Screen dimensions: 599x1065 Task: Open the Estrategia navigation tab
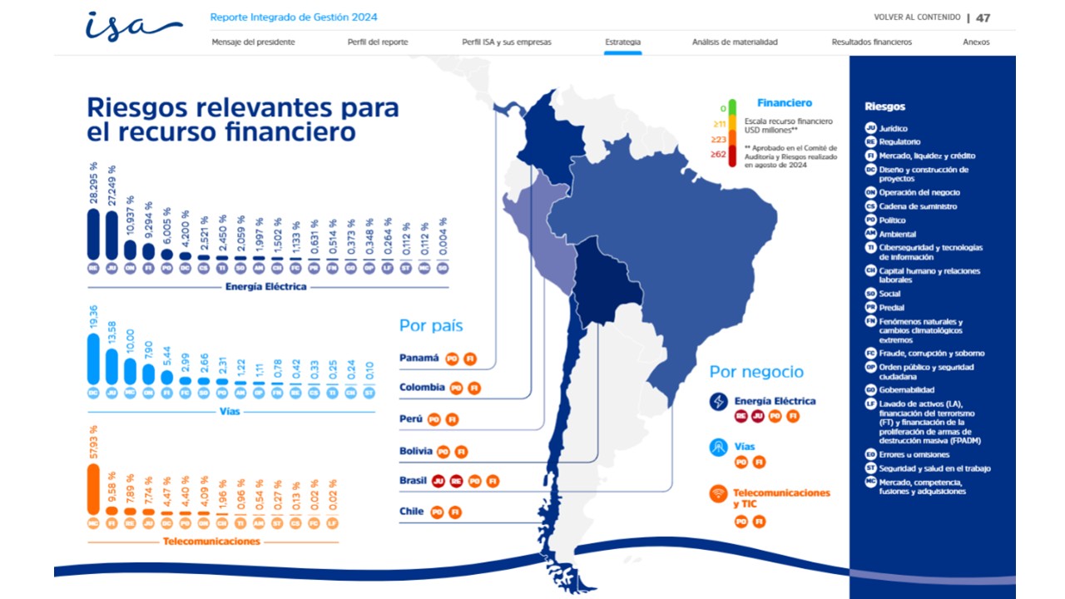click(622, 42)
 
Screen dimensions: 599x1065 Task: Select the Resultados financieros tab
click(871, 42)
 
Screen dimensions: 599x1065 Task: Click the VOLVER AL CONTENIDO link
click(917, 17)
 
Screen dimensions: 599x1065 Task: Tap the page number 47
click(983, 17)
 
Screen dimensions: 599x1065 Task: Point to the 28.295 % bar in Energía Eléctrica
click(93, 235)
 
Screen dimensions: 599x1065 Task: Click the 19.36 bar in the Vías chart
click(93, 359)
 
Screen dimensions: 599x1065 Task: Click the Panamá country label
click(419, 358)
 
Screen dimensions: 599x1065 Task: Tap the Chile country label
click(412, 512)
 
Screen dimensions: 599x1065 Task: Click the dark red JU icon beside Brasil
click(437, 481)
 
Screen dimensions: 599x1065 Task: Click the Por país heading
click(431, 325)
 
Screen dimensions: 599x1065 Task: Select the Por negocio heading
click(756, 372)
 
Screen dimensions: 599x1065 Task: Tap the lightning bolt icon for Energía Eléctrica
click(718, 401)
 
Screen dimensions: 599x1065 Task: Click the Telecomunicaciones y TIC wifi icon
click(718, 493)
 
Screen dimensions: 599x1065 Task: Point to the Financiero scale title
click(784, 103)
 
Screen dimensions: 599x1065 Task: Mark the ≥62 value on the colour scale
click(718, 154)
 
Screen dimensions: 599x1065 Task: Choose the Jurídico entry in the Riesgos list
click(894, 128)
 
